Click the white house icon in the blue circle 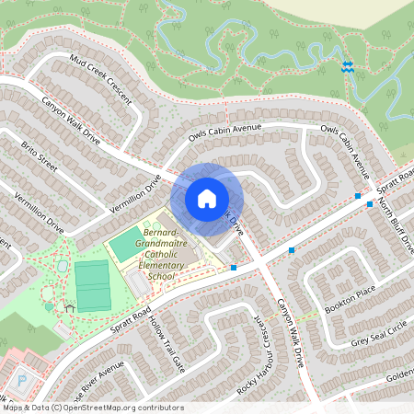click(x=207, y=199)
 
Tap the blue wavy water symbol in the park click(x=347, y=66)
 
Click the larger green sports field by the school click(x=91, y=285)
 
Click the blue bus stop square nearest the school click(x=234, y=267)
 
